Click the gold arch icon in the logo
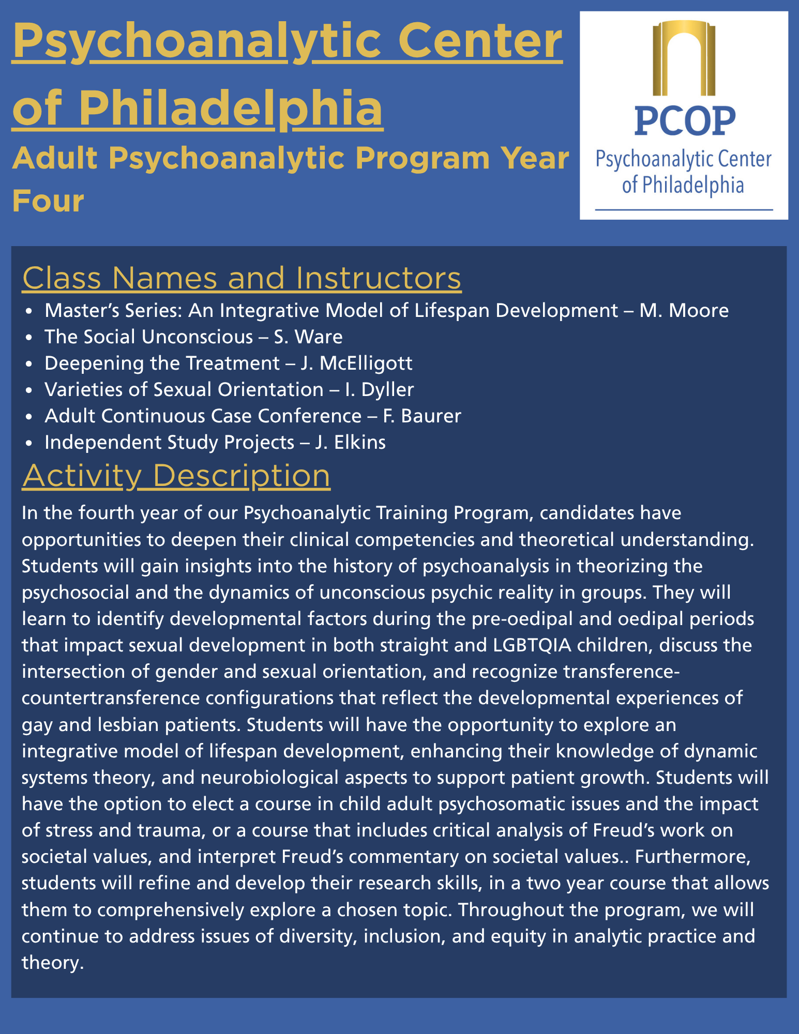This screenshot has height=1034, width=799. pyautogui.click(x=684, y=58)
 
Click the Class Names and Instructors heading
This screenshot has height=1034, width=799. pyautogui.click(x=242, y=278)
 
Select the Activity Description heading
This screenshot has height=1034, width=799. pyautogui.click(x=176, y=475)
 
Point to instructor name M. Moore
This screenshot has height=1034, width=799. pyautogui.click(x=684, y=310)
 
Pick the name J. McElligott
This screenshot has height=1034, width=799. pyautogui.click(x=356, y=363)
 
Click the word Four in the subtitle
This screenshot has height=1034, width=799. pyautogui.click(x=48, y=201)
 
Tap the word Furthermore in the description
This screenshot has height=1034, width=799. pyautogui.click(x=692, y=857)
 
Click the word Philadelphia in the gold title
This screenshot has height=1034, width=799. pyautogui.click(x=230, y=108)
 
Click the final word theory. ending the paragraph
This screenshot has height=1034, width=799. pyautogui.click(x=53, y=963)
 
